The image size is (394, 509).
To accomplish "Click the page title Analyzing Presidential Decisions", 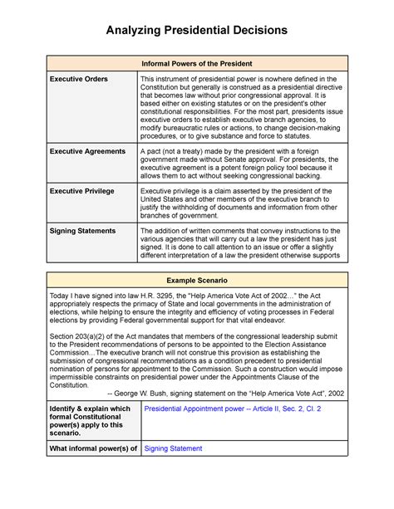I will point(196,31).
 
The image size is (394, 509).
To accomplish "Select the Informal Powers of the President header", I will point(197,64).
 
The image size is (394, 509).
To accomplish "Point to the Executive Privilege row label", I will point(82,191).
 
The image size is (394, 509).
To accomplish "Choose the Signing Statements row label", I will point(86,230).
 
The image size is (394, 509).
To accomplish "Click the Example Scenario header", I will point(197,282).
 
